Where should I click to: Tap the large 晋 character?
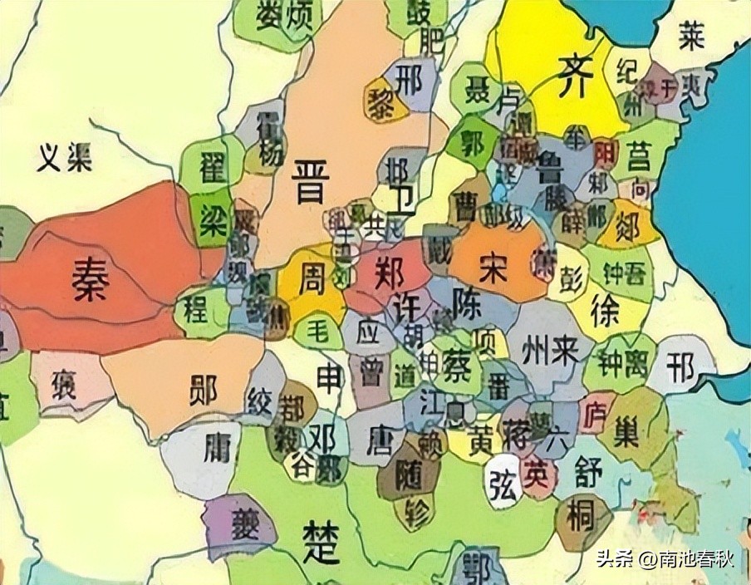311,184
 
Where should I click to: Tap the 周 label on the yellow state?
309,278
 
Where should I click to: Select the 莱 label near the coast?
691,37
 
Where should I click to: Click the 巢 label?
632,430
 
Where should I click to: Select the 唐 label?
385,438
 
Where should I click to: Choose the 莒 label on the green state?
638,155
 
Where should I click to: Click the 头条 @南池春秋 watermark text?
665,559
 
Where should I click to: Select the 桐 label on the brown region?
580,517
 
